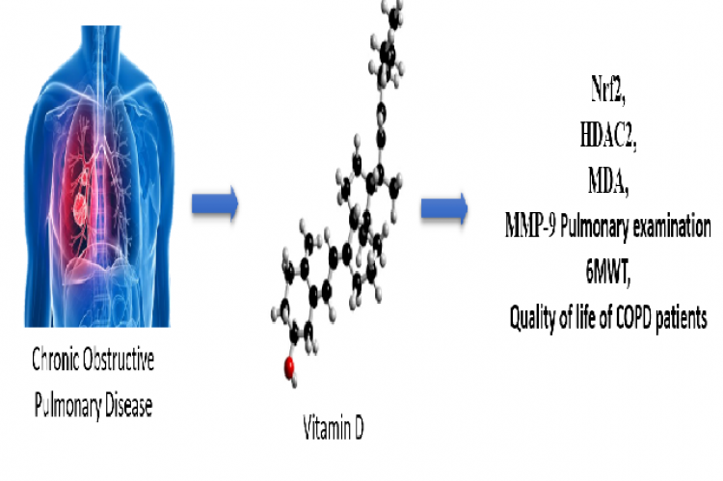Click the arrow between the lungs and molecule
click(215, 203)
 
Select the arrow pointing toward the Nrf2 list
click(444, 208)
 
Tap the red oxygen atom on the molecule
click(289, 367)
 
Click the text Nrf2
click(607, 90)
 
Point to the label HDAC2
click(607, 136)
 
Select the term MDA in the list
click(607, 181)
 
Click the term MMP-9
click(530, 225)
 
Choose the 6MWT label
click(607, 272)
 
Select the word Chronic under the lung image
click(54, 360)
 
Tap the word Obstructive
click(118, 360)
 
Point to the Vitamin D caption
click(334, 427)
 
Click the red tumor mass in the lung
click(81, 205)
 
